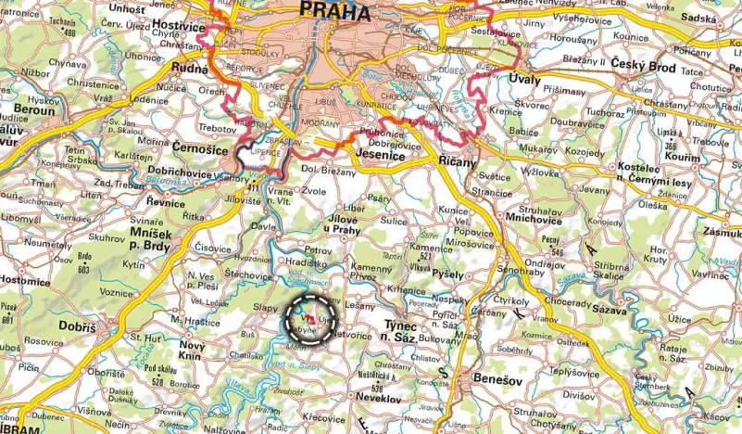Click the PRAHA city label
point(334,13)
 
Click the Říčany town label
point(456,161)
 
